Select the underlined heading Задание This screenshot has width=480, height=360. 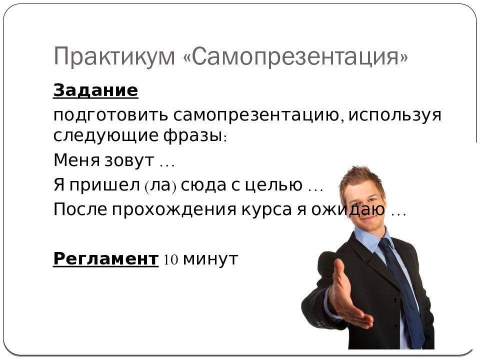point(95,90)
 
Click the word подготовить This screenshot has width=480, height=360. point(110,115)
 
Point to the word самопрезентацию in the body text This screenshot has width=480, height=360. point(257,115)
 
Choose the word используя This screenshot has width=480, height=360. point(394,115)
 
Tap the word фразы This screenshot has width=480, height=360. point(192,135)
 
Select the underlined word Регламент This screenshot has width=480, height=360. point(105,259)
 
